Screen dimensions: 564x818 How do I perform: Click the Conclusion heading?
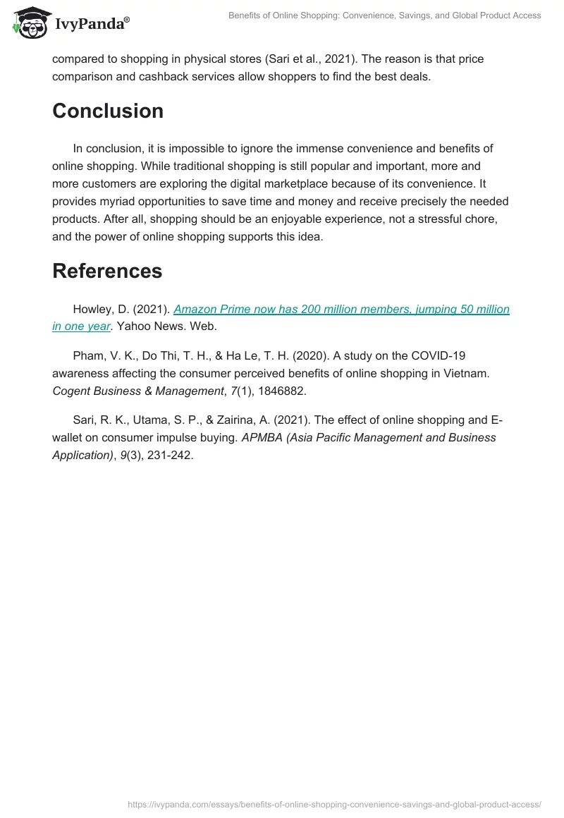[108, 111]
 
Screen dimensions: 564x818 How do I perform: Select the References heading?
[107, 271]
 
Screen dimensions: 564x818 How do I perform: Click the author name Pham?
[88, 355]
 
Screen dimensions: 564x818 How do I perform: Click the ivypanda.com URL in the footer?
[334, 804]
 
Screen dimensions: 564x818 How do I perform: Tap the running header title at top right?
[385, 16]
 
